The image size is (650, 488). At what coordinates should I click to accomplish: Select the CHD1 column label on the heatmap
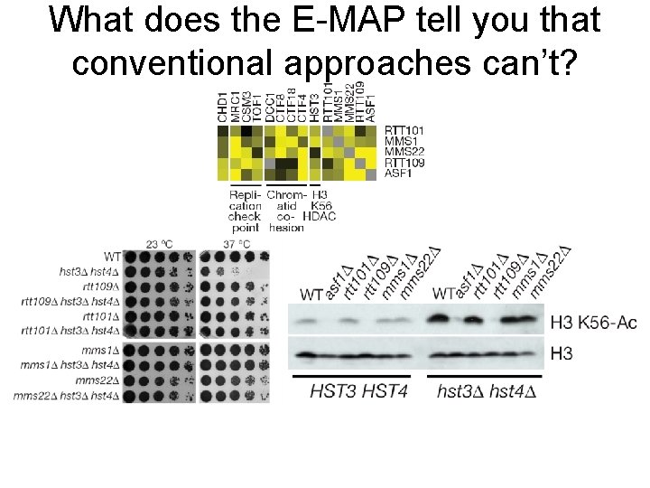[x=223, y=107]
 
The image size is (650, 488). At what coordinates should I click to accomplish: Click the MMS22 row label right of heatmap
[x=404, y=152]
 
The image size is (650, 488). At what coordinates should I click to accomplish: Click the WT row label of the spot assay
[x=112, y=256]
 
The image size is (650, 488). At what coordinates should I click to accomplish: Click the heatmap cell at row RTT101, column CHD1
[x=223, y=130]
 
